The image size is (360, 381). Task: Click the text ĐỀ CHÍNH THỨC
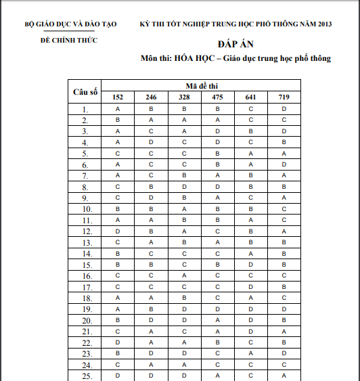pos(69,41)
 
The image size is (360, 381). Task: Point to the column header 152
pos(118,97)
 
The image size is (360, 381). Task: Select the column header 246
pos(151,97)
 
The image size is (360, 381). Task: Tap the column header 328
pos(184,97)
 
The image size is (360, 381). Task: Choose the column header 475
pos(217,97)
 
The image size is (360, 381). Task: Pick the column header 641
pos(250,97)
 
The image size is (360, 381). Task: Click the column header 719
pos(284,97)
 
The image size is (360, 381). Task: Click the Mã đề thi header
pos(201,87)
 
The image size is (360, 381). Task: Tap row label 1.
pos(85,110)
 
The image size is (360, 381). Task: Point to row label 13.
pos(85,242)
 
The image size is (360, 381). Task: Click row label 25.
pos(85,375)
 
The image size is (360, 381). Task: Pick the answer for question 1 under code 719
pos(284,109)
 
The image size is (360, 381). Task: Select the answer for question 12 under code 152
pos(118,231)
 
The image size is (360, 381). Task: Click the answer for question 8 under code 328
pos(184,186)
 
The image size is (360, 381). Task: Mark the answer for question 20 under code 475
pos(217,319)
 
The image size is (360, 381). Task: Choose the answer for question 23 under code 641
pos(250,353)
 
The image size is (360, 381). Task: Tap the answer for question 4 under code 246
pos(151,142)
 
